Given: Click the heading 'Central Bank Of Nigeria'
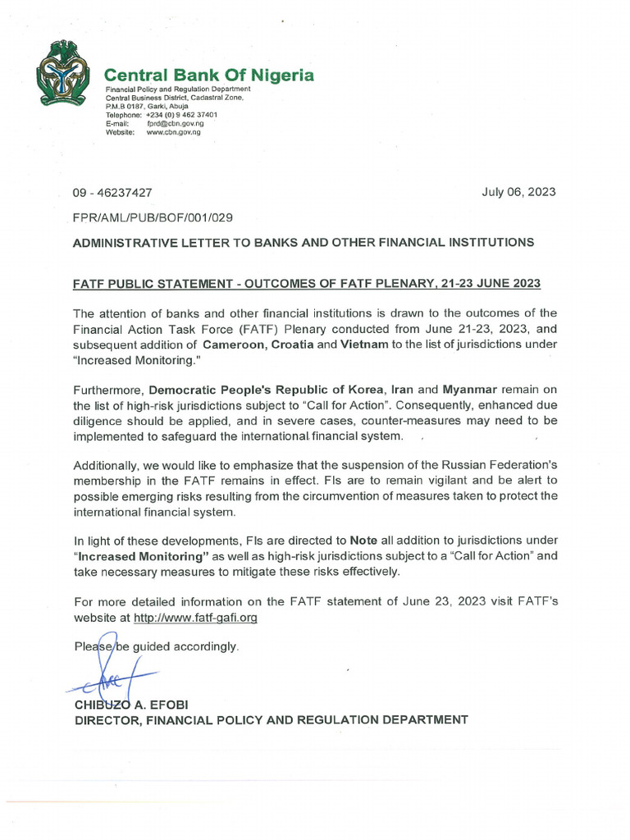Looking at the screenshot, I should point(209,75).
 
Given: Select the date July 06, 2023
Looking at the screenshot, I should point(518,192).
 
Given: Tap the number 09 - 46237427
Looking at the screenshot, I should point(112,193).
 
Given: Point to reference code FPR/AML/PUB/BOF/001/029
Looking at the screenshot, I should point(153,217).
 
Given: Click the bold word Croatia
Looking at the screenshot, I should point(290,345).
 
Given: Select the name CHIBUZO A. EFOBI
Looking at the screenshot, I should point(129,704).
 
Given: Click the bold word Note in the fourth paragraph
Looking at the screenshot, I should point(365,541).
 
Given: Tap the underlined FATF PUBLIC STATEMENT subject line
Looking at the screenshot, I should point(307,284).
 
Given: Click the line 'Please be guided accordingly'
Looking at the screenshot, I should point(156,646).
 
